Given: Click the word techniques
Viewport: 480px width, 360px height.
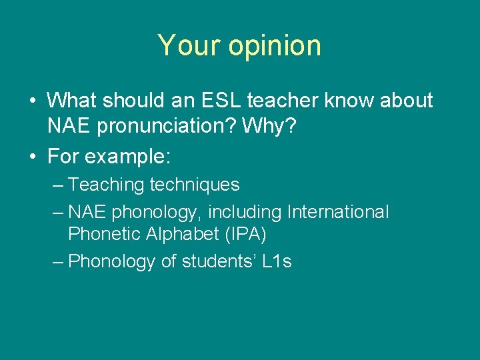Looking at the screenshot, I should tap(195, 185).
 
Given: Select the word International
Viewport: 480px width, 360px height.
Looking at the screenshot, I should tap(337, 212).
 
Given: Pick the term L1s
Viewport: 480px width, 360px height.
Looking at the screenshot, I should tap(277, 261).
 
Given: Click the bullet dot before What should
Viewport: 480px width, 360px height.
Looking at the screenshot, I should tap(32, 101).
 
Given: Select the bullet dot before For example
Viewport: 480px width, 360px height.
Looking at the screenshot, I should tap(32, 157).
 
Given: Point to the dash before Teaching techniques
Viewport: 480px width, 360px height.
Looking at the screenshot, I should tap(58, 185).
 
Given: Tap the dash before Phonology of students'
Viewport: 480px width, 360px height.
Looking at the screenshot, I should tap(58, 262).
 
